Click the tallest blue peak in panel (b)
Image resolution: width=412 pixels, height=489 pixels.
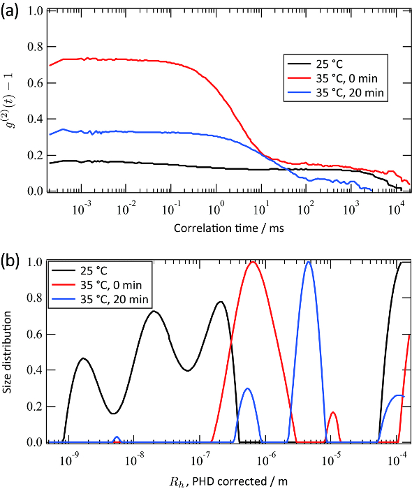click(308, 262)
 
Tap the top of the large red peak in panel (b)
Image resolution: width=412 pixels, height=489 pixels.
click(253, 262)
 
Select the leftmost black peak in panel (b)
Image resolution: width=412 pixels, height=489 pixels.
click(84, 358)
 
